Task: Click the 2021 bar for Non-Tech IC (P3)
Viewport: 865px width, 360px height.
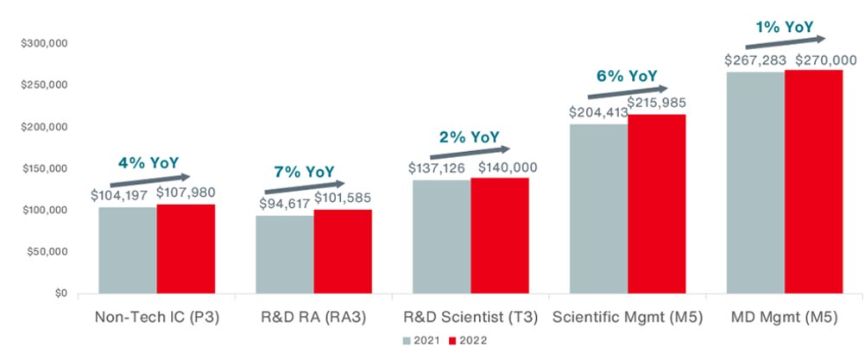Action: (x=128, y=250)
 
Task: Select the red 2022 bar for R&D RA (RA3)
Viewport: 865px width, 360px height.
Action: (x=343, y=252)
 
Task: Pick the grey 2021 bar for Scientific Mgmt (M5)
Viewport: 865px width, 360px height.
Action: (x=598, y=209)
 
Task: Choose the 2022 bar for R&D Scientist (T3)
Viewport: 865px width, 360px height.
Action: (x=500, y=236)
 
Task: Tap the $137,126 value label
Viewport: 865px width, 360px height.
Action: (x=439, y=166)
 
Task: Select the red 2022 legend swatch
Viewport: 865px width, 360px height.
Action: (x=452, y=340)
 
